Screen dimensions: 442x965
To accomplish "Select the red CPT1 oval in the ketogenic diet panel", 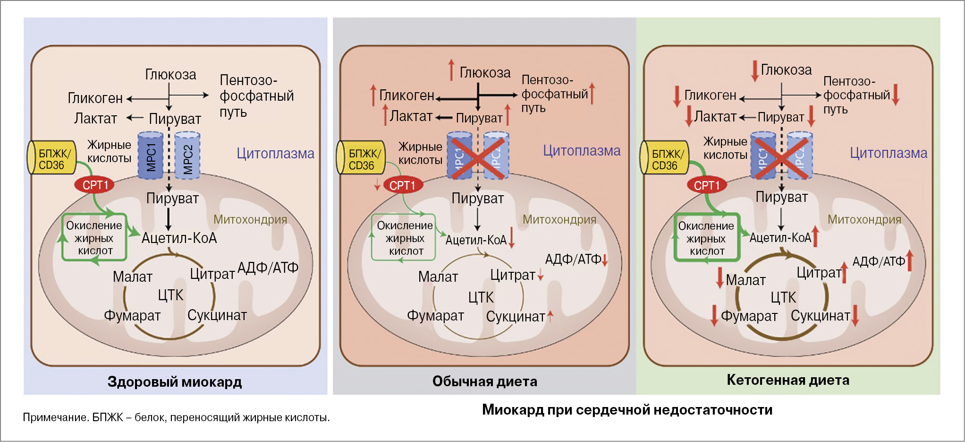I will pos(706,185).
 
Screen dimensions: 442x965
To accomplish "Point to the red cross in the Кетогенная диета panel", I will pos(781,158).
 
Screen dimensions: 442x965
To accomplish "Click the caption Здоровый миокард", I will pos(175,381).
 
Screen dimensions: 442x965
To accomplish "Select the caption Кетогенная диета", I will pos(787,380).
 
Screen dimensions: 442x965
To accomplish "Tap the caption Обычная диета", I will pos(484,381).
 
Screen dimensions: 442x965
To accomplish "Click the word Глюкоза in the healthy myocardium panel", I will pos(170,75).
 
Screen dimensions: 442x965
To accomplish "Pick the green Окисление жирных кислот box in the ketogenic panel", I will pos(706,238).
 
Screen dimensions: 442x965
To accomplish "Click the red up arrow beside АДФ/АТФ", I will pos(910,261).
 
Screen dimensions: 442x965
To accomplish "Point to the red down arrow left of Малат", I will pos(720,278).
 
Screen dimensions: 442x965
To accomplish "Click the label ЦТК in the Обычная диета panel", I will pos(481,297).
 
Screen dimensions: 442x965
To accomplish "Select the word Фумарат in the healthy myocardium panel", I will pos(132,315).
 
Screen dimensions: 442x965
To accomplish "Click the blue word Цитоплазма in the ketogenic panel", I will pos(888,153).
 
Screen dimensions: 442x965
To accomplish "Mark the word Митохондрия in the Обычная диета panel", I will pos(559,219).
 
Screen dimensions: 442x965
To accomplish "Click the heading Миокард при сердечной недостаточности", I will pos(627,409).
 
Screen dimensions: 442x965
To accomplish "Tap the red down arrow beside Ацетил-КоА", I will pos(512,238).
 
